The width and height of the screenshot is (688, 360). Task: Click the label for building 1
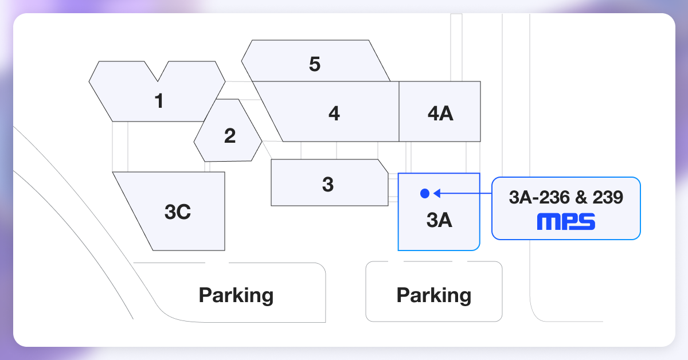[x=159, y=101]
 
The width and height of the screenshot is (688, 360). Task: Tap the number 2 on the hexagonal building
[x=230, y=136]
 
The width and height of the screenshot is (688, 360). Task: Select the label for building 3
[x=328, y=185]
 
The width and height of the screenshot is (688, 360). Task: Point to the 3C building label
[x=177, y=212]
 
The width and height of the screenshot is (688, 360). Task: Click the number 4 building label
[x=334, y=114]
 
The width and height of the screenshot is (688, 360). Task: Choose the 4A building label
[x=440, y=114]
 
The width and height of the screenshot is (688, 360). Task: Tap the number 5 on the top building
[x=314, y=64]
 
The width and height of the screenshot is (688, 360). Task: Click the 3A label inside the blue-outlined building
[x=440, y=221]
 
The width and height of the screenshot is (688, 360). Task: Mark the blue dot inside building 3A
[x=424, y=194]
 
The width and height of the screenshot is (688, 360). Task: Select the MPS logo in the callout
[x=566, y=222]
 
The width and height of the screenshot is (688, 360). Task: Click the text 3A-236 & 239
[x=566, y=198]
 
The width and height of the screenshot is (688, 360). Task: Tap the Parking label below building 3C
[x=236, y=295]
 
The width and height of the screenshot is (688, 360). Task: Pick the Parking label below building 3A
[x=434, y=295]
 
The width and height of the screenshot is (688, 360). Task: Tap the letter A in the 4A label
[x=446, y=114]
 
